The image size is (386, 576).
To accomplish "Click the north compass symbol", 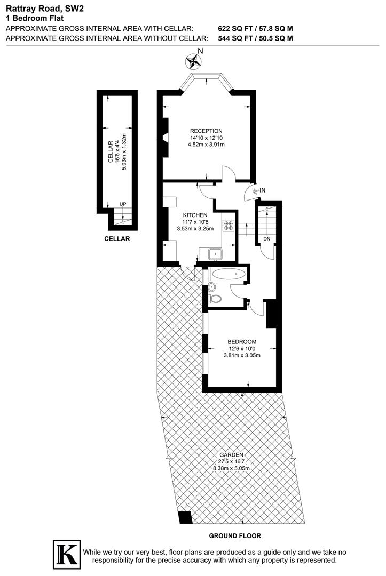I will click(x=194, y=61).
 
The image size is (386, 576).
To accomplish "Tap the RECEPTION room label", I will click(x=206, y=131).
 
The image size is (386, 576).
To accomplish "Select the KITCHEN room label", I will click(x=195, y=215).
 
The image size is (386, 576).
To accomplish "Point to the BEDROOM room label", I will click(x=242, y=342).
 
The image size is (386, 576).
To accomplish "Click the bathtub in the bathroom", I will click(x=229, y=275).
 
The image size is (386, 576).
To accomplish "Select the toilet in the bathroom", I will click(x=216, y=298).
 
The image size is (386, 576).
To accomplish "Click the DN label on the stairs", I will click(x=266, y=238).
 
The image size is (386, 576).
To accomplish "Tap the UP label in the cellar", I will click(x=123, y=204).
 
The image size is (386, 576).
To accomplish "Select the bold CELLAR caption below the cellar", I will click(x=117, y=239).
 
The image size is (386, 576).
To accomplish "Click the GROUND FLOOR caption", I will click(x=235, y=535).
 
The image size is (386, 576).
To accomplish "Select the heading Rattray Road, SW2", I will click(x=37, y=8).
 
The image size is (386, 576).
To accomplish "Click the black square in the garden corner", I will click(x=185, y=517).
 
